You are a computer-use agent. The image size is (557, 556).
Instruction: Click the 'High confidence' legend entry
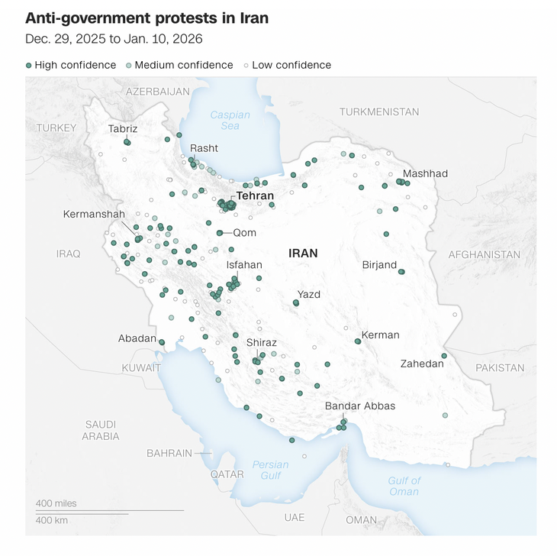pyautogui.click(x=70, y=65)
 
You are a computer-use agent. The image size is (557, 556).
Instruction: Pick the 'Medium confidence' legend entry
pyautogui.click(x=179, y=65)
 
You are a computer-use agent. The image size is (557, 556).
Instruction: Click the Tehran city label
pyautogui.click(x=255, y=196)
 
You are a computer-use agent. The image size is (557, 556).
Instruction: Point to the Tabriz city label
pyautogui.click(x=123, y=129)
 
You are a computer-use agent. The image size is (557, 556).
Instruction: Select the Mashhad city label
pyautogui.click(x=425, y=173)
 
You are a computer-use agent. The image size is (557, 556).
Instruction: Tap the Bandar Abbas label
pyautogui.click(x=360, y=406)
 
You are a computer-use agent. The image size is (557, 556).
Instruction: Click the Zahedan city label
pyautogui.click(x=422, y=364)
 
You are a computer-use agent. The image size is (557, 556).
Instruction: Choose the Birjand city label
pyautogui.click(x=379, y=265)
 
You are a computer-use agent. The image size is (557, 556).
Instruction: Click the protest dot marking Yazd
pyautogui.click(x=296, y=303)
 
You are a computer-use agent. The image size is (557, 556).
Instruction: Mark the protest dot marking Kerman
pyautogui.click(x=358, y=341)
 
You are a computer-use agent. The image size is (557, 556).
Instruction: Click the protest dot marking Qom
pyautogui.click(x=220, y=233)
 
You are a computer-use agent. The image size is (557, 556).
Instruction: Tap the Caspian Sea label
pyautogui.click(x=230, y=120)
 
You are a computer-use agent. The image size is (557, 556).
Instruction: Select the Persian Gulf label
pyautogui.click(x=271, y=470)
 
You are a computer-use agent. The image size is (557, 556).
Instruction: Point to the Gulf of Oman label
pyautogui.click(x=404, y=486)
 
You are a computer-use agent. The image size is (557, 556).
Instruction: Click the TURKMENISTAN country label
pyautogui.click(x=379, y=112)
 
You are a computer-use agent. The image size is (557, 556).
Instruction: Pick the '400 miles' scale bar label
pyautogui.click(x=56, y=503)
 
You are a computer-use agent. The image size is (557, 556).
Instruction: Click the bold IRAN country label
pyautogui.click(x=303, y=253)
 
